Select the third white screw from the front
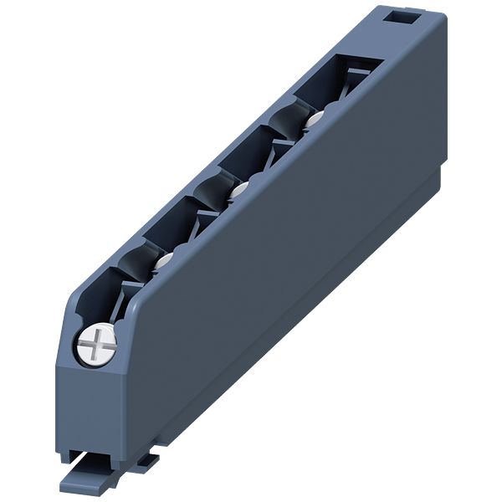coord(238,191)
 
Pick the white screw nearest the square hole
coord(313,122)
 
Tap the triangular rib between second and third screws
coord(207,219)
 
